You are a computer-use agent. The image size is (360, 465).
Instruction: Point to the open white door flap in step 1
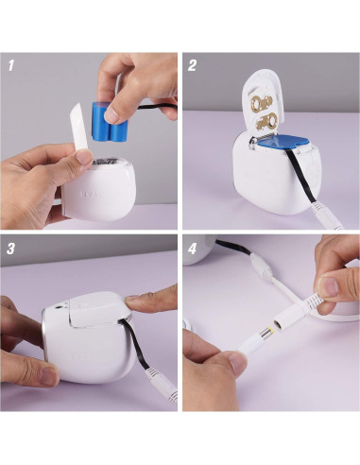point(79,131)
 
